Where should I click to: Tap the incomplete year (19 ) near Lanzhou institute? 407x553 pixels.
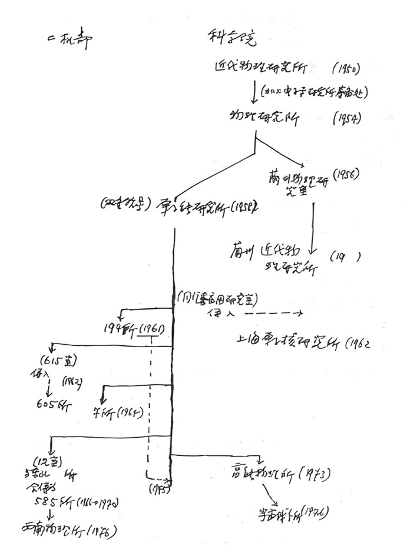(345, 256)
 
